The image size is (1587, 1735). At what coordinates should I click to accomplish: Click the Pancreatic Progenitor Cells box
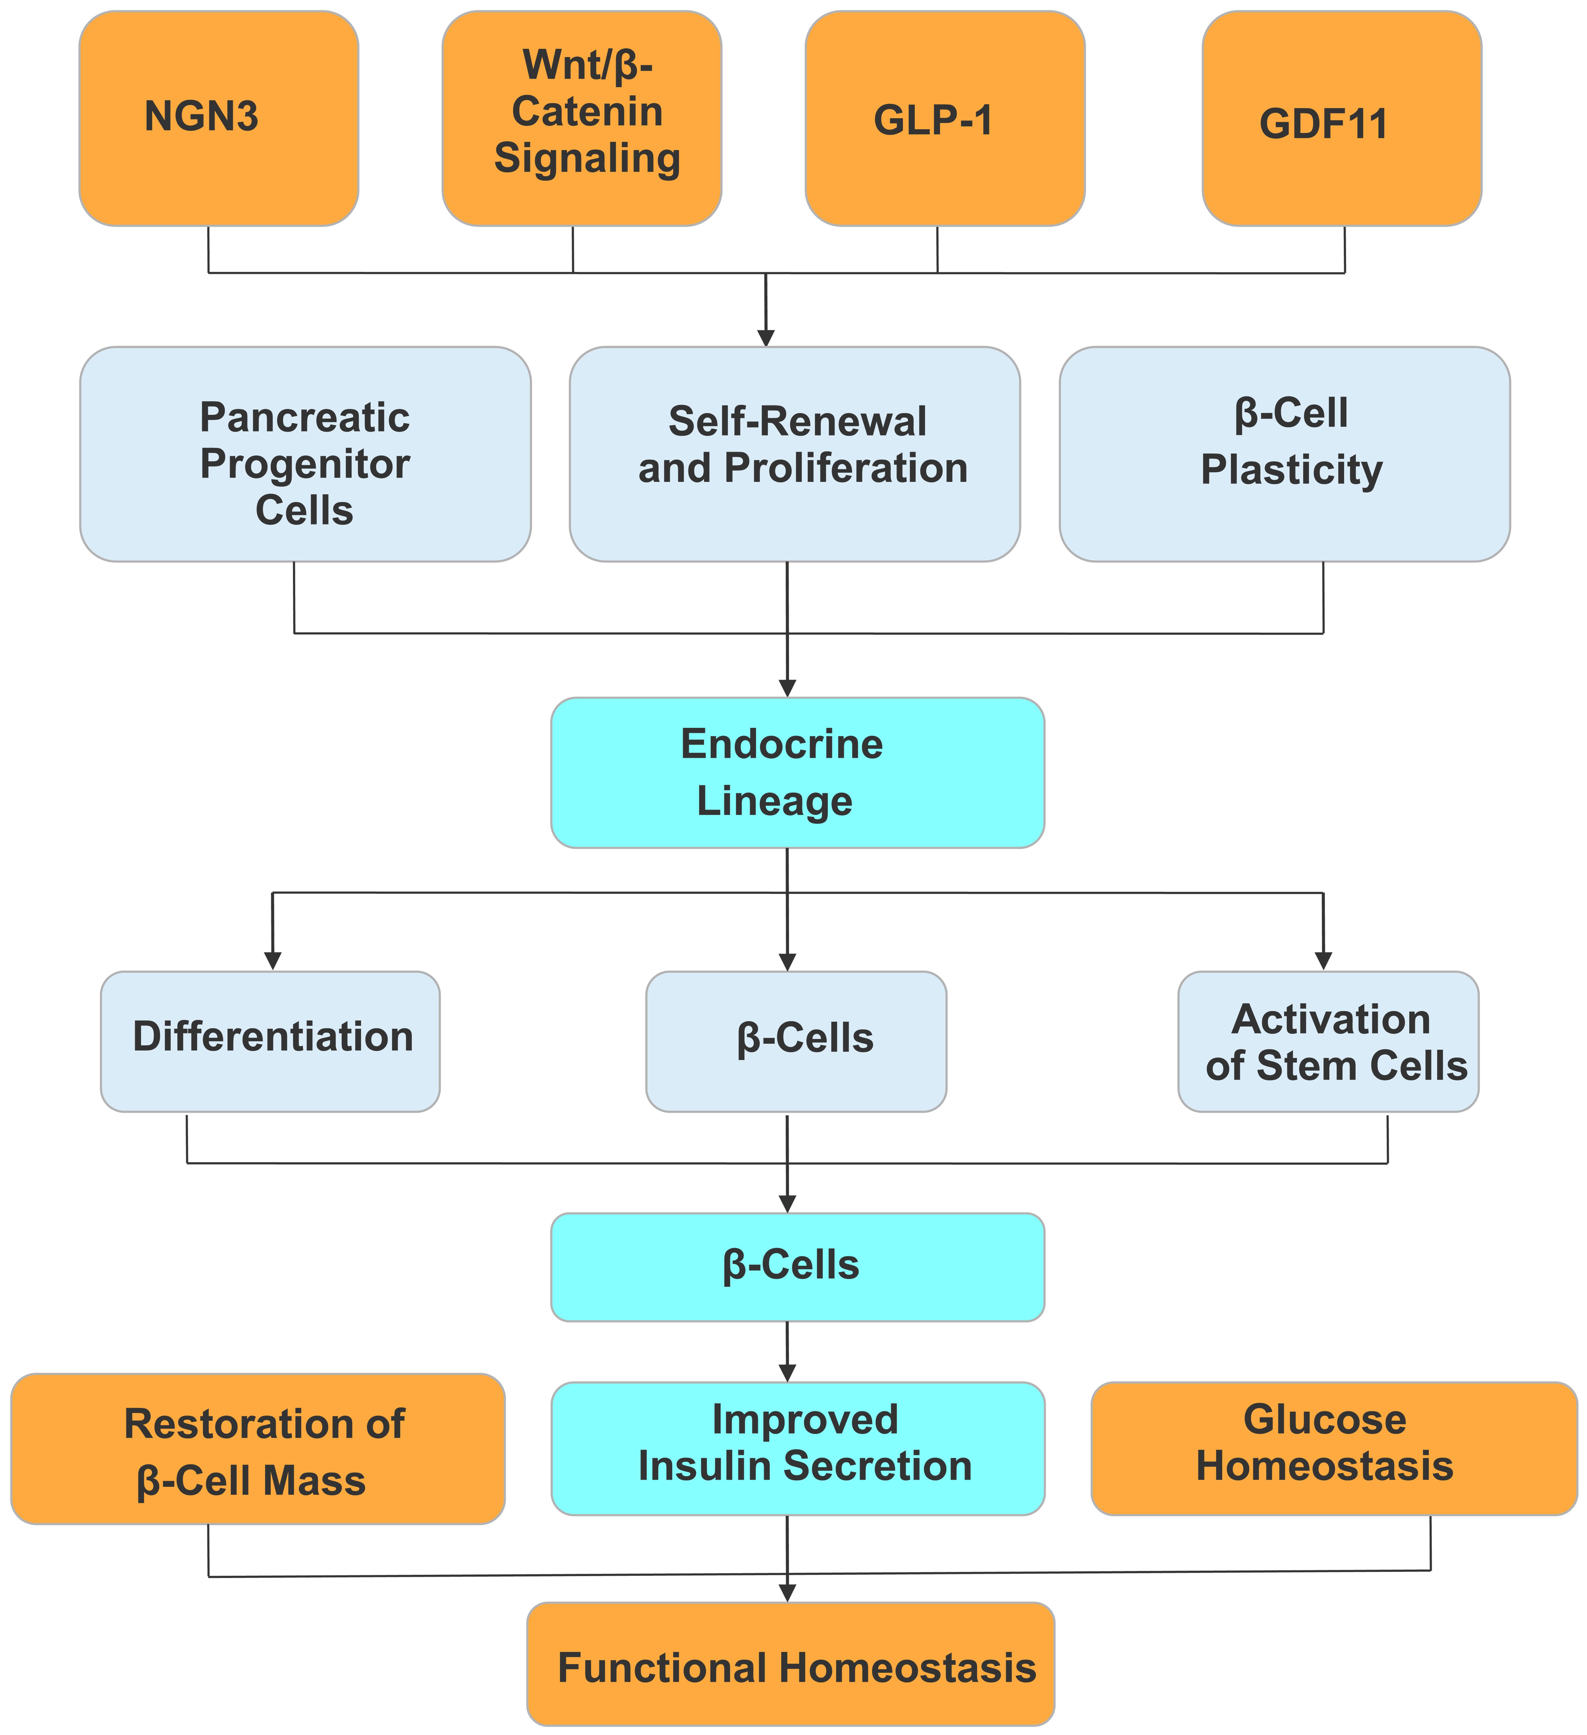click(305, 454)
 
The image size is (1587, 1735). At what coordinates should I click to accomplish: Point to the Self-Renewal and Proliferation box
click(795, 454)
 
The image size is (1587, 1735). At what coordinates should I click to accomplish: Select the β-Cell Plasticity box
click(1284, 454)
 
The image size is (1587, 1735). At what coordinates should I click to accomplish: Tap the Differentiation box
click(270, 1041)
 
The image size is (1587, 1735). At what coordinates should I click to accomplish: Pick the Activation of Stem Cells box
click(1328, 1041)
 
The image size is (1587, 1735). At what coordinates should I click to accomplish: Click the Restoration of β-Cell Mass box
click(258, 1448)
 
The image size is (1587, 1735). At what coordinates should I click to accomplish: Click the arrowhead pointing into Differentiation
click(273, 961)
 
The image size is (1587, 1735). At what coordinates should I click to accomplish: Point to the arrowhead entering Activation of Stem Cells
click(1324, 961)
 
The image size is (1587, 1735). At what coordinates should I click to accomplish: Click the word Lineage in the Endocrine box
click(774, 801)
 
